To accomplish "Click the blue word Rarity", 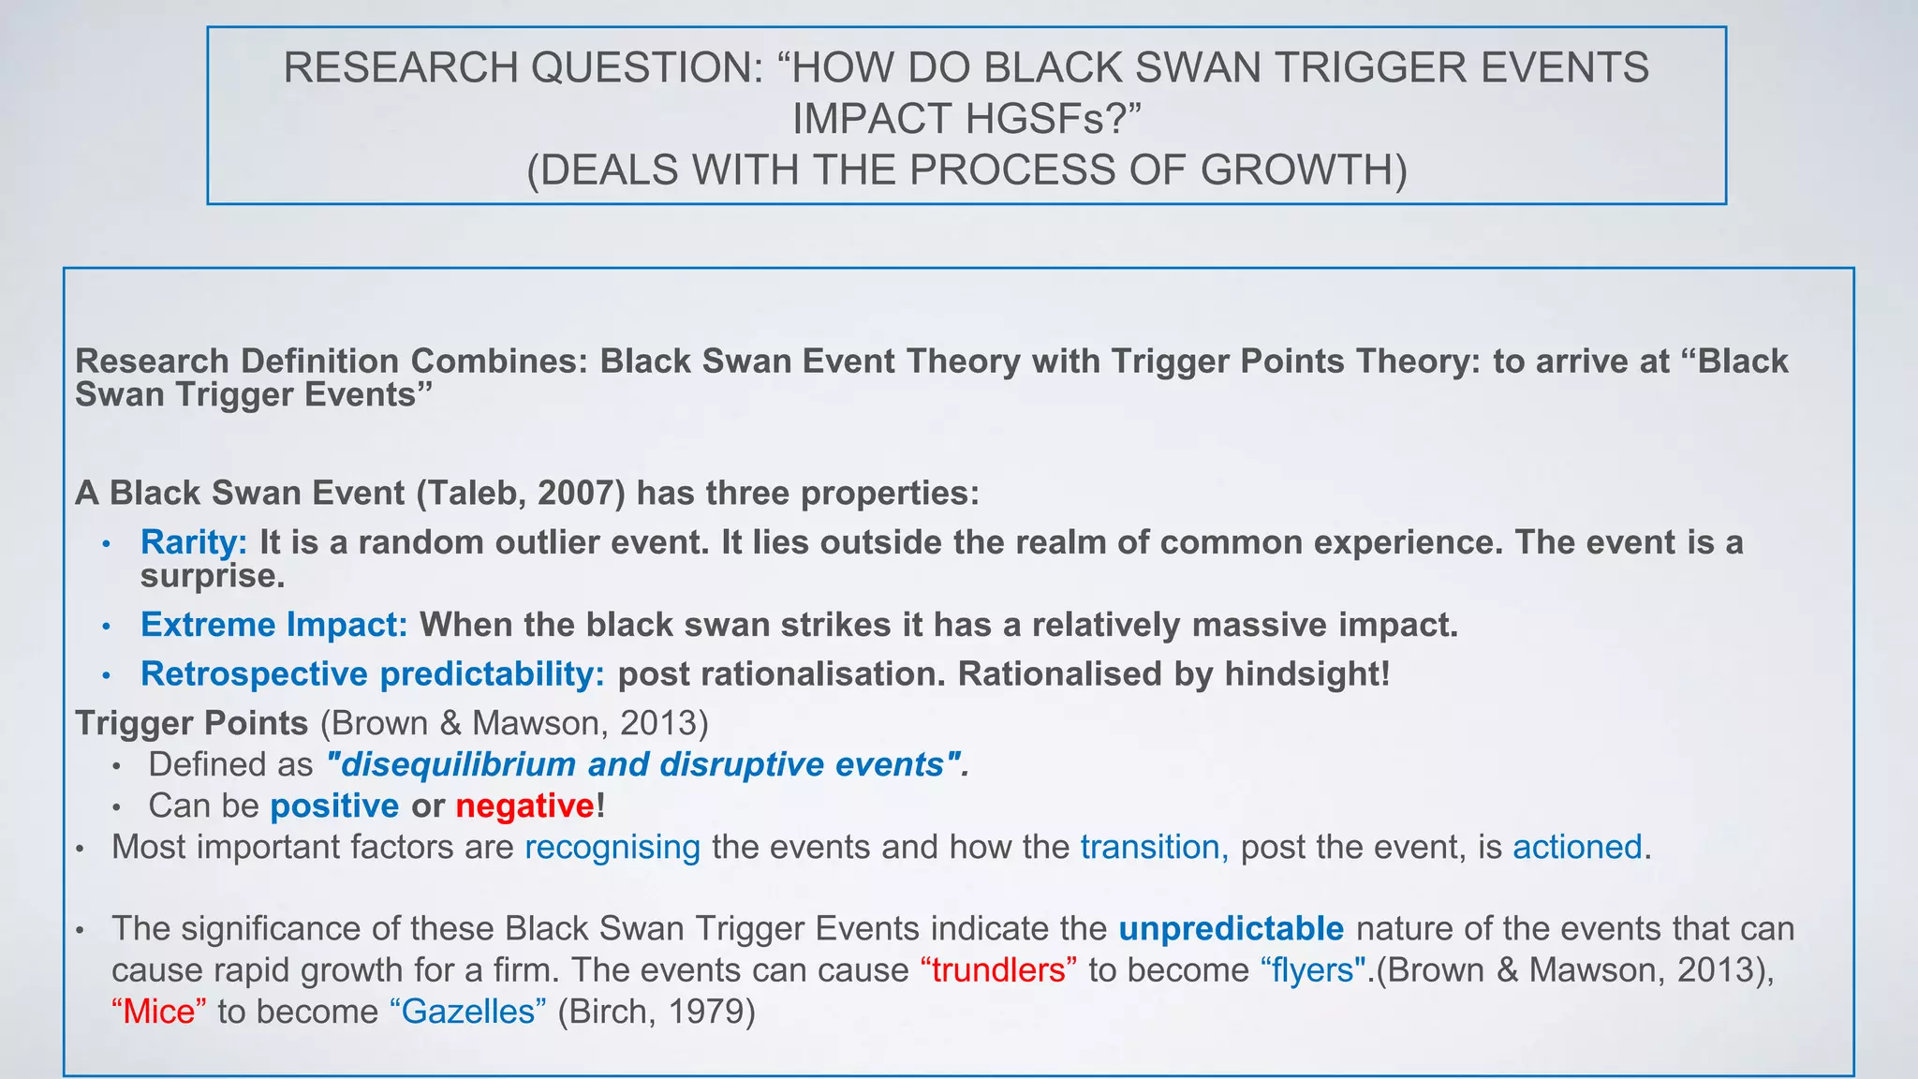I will click(x=193, y=542).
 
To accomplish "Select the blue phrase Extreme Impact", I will click(x=273, y=625).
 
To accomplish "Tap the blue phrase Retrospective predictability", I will click(x=372, y=674).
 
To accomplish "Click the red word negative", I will click(x=524, y=806).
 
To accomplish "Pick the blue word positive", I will click(x=334, y=806).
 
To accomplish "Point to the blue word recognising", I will click(x=612, y=847).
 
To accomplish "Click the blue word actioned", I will click(x=1577, y=847).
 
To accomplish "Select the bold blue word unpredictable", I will click(x=1231, y=928).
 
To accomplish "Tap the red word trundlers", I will click(x=998, y=969).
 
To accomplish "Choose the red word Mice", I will click(x=158, y=1012).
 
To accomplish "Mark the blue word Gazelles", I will click(x=467, y=1012).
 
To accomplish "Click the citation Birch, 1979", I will click(x=656, y=1012).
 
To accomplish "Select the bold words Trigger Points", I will click(x=191, y=723).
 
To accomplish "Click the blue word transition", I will click(x=1153, y=847).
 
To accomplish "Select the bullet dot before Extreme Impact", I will click(x=107, y=626).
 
